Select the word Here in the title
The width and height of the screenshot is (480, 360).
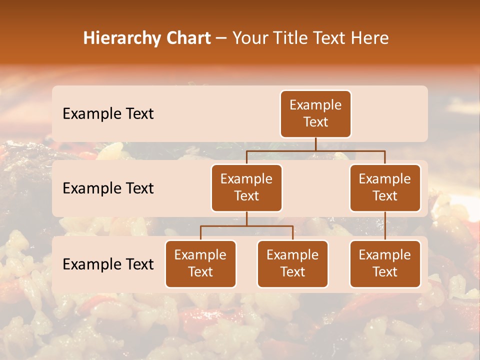370,38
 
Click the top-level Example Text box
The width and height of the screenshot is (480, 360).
315,114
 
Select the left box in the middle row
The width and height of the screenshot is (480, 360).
246,188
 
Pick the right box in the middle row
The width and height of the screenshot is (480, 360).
385,188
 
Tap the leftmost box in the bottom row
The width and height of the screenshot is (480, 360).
200,264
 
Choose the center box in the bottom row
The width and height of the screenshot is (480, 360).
292,264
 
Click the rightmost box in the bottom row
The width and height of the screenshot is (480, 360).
385,264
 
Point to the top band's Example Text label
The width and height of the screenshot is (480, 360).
108,114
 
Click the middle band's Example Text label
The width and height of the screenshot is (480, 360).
108,188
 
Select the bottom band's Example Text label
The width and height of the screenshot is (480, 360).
108,264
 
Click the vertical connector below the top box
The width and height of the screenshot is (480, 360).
315,144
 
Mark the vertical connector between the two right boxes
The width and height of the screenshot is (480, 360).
385,226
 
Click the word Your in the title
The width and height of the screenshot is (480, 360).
250,38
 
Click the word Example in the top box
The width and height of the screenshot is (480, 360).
315,105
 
